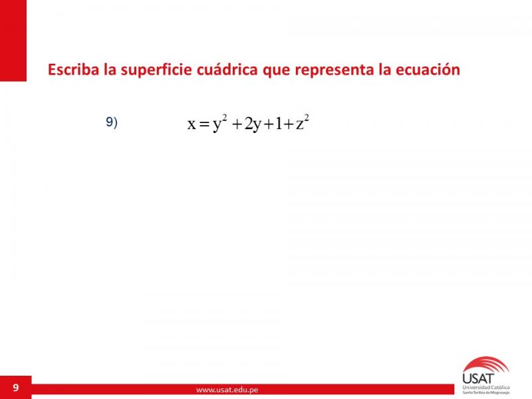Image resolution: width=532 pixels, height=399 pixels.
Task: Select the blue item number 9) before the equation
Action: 112,122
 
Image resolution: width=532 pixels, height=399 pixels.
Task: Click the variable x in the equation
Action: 192,124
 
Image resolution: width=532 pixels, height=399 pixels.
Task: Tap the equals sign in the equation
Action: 204,125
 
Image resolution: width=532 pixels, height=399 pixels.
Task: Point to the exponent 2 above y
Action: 225,118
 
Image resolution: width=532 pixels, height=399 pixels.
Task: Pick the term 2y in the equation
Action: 253,125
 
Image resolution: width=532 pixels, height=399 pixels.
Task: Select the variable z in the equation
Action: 300,124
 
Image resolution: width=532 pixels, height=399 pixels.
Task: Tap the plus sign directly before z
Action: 289,125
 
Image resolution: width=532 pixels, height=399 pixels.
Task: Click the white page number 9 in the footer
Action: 16,388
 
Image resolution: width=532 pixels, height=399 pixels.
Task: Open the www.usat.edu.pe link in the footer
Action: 227,390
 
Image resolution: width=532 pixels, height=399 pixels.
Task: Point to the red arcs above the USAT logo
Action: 486,364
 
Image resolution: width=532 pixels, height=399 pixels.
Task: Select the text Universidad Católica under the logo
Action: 486,387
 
